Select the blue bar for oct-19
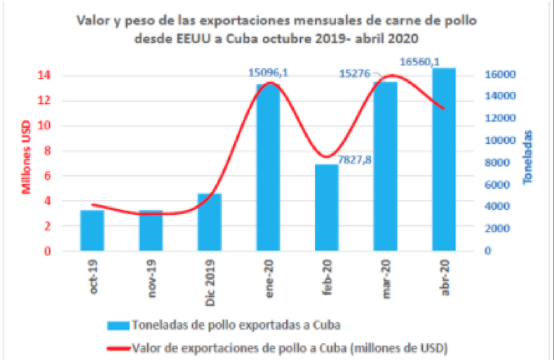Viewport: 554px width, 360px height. coord(93,230)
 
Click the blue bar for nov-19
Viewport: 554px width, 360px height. coord(151,230)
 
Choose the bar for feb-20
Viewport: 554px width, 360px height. coord(327,207)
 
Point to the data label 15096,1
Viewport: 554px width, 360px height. coord(269,72)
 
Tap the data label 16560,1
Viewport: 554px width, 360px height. coord(419,62)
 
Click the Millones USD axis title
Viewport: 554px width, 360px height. coord(27,162)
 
